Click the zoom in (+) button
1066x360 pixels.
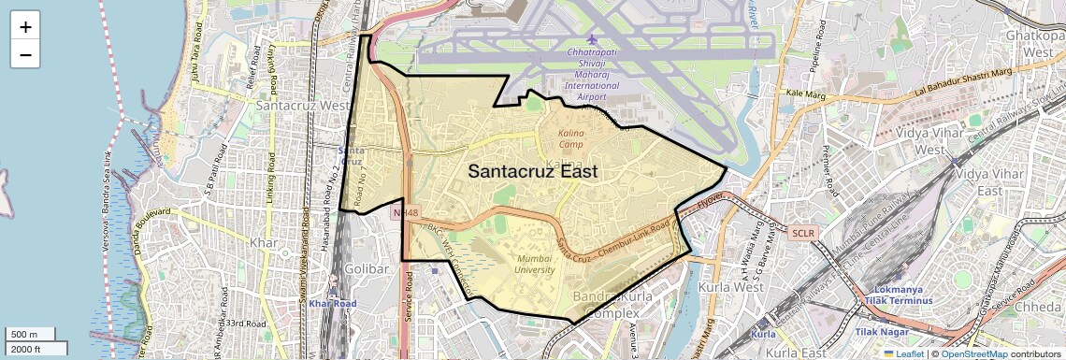[x=25, y=26]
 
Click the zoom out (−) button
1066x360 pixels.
[x=25, y=54]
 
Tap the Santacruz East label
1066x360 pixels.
[x=532, y=172]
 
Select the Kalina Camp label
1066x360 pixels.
[x=571, y=138]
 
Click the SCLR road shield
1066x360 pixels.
[x=803, y=232]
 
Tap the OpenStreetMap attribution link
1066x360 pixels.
[x=974, y=353]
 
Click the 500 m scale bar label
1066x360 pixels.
[x=24, y=335]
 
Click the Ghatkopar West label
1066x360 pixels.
[x=1030, y=42]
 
